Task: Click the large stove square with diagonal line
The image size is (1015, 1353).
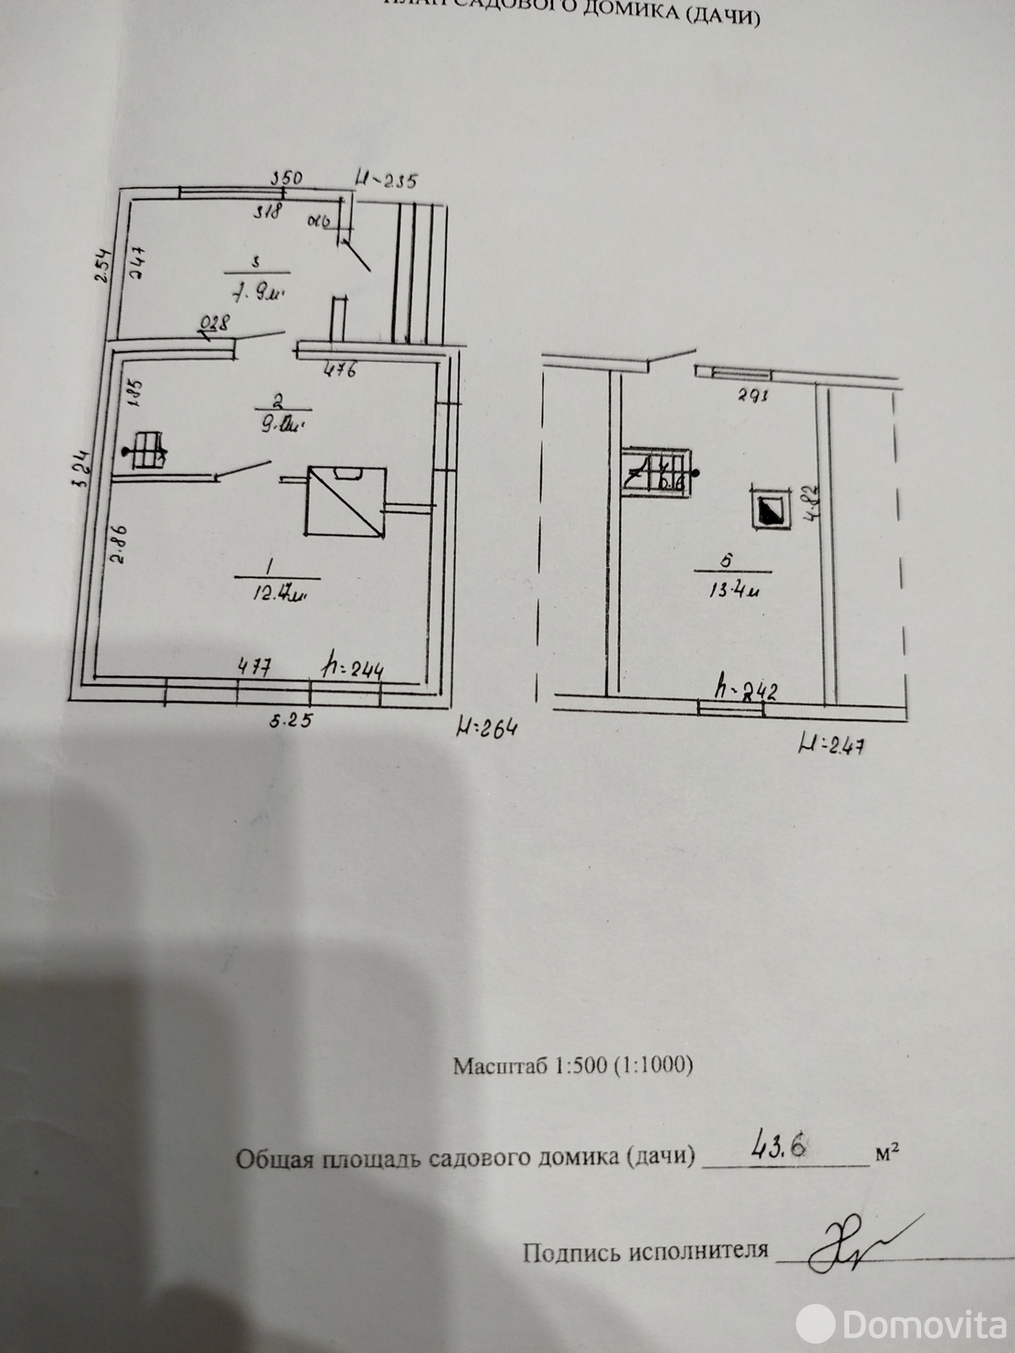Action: tap(345, 501)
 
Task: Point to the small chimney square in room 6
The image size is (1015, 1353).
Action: tap(770, 509)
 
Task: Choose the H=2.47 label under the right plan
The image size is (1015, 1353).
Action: tap(837, 745)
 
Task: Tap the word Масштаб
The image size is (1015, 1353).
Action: tap(500, 1065)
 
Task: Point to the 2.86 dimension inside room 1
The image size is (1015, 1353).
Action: tap(118, 545)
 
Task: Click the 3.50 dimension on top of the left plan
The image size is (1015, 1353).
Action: tap(286, 178)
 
